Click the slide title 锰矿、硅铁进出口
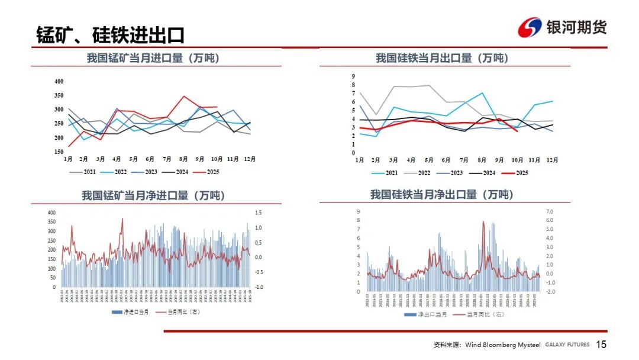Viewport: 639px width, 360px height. click(x=110, y=34)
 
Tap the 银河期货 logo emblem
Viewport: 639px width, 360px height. click(x=530, y=27)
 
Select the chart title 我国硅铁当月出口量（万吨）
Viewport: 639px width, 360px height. click(x=442, y=58)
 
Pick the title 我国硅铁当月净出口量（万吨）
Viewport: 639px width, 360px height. click(x=442, y=194)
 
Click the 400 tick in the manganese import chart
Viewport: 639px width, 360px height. click(x=59, y=81)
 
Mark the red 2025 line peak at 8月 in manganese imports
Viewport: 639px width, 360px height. click(x=184, y=96)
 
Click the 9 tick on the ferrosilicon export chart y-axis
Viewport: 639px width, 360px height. click(x=353, y=76)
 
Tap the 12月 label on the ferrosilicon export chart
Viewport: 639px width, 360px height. click(x=551, y=160)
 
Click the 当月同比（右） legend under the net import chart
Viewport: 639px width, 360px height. click(x=177, y=311)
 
